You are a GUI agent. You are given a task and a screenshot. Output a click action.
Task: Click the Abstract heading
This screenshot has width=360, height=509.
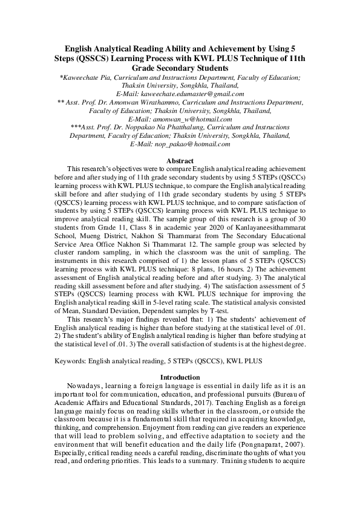180,161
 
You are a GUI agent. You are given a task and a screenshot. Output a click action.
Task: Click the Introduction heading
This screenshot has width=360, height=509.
180,377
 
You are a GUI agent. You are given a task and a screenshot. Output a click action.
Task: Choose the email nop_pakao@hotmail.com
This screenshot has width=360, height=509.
192,144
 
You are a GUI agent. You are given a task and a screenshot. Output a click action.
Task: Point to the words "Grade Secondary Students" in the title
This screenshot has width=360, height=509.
180,68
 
